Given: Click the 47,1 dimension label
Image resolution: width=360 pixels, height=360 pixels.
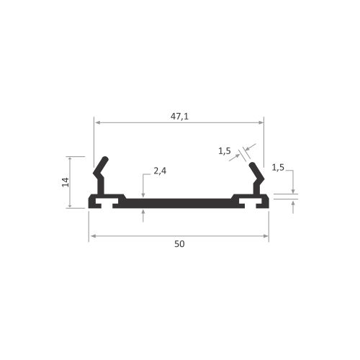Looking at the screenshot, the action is (179, 117).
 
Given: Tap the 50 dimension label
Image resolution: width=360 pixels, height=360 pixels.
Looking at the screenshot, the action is (179, 244).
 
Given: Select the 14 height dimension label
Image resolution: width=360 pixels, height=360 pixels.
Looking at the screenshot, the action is (66, 182).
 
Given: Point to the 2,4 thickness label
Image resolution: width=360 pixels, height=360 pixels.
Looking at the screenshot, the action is (160, 171).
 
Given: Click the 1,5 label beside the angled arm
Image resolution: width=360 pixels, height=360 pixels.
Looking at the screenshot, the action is (225, 151).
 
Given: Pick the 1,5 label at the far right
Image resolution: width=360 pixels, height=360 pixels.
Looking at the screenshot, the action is (278, 168).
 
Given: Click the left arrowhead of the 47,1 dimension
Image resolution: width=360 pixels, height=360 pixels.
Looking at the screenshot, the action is (98, 122).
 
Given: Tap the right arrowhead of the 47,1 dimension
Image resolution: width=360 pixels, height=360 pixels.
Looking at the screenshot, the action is (261, 122).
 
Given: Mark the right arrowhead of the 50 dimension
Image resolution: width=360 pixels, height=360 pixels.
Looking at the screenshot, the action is (266, 236).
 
